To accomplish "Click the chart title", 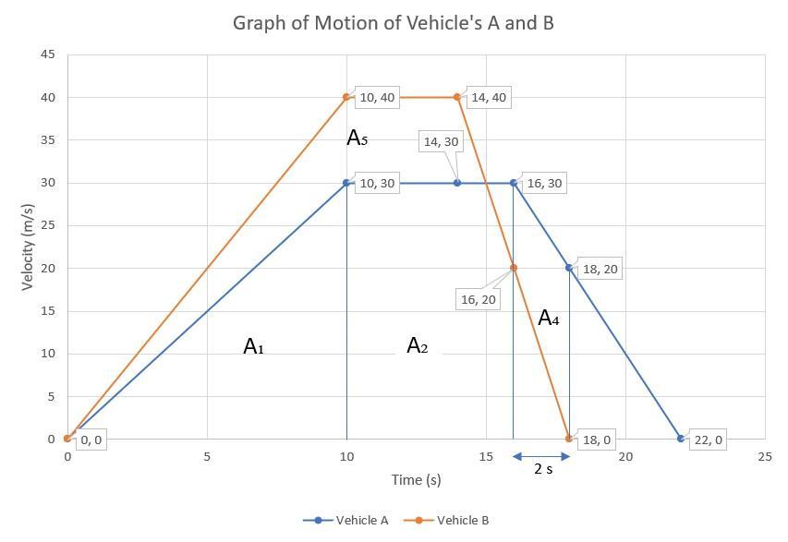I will pos(393,22).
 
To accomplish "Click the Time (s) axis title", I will pos(416,479).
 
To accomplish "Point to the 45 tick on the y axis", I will pos(48,54).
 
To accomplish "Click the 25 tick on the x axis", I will pos(764,457).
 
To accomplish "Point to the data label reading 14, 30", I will pos(440,141).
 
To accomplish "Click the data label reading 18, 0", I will pos(596,440).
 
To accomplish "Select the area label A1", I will pos(253,347).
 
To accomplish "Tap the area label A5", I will pos(357,139).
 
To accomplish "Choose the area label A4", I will pos(548,319).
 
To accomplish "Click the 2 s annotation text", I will pos(543,469).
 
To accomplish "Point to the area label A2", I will pos(418,346).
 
